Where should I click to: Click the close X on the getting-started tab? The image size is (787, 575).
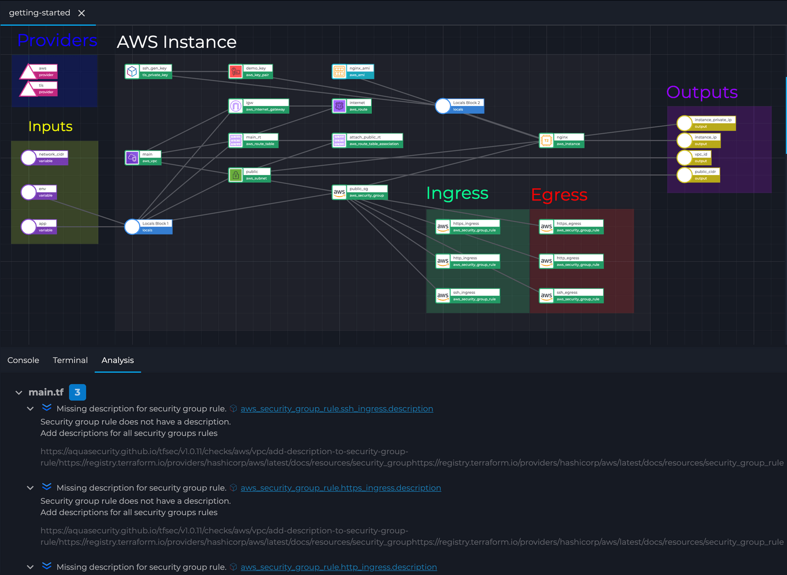click(82, 13)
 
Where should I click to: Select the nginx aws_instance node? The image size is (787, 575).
click(562, 141)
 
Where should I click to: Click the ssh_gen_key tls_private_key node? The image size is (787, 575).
click(149, 72)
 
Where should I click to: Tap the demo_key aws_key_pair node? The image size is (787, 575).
click(251, 72)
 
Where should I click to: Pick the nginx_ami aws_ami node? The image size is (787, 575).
click(353, 72)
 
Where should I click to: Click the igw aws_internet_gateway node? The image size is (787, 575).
click(259, 106)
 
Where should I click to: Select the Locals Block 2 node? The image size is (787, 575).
click(460, 106)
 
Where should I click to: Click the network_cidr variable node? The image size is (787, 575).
click(45, 158)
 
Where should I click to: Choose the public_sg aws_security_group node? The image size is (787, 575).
click(360, 192)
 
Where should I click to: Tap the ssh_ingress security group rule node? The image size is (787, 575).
click(468, 296)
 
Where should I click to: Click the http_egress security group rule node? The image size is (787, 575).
click(572, 261)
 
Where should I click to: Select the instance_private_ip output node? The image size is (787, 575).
click(707, 123)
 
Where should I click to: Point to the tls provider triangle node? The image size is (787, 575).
click(38, 89)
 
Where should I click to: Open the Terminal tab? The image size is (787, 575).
click(70, 360)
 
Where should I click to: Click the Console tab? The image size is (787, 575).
click(23, 360)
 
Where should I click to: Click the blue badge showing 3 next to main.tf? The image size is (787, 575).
click(77, 392)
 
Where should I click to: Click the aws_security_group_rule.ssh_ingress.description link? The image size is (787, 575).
click(336, 409)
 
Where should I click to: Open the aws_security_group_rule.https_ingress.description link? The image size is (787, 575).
click(340, 488)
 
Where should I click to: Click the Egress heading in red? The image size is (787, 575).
click(559, 195)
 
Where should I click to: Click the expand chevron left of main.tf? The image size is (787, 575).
click(19, 393)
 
